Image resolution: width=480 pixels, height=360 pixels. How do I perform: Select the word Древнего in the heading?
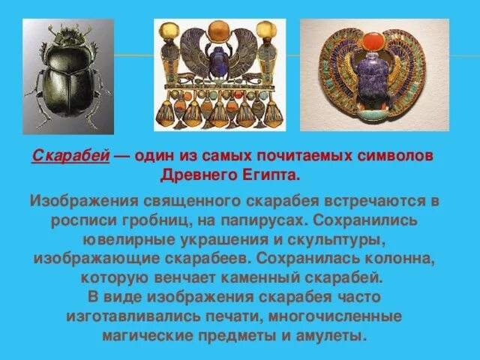(x=197, y=174)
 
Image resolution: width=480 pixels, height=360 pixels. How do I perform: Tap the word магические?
(x=146, y=334)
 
